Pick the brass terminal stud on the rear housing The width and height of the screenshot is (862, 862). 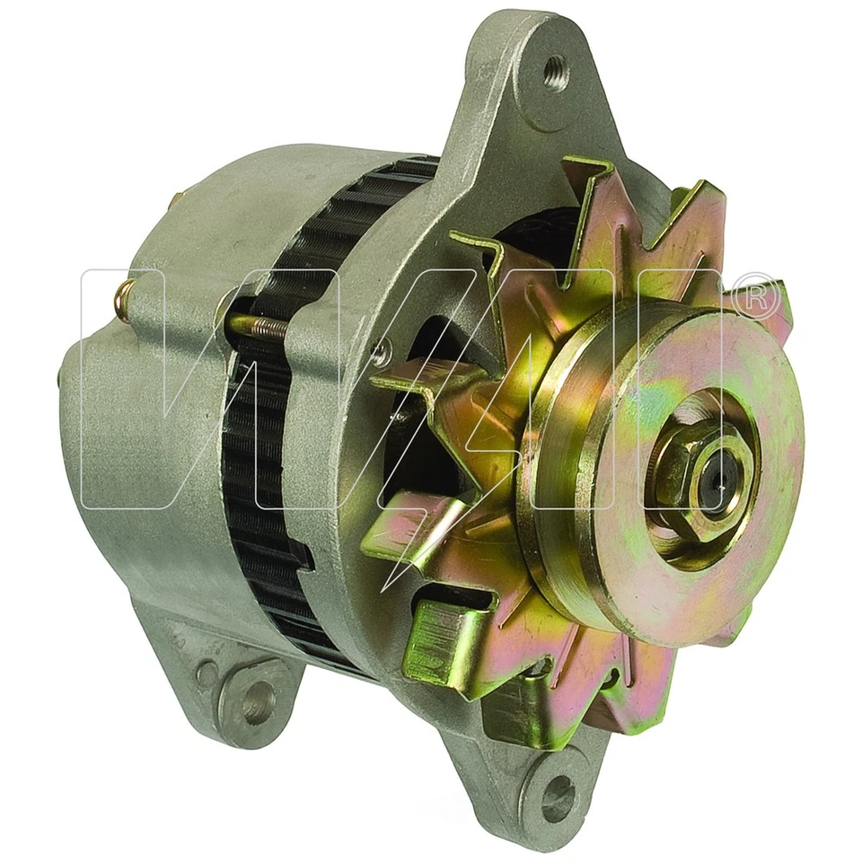click(x=126, y=291)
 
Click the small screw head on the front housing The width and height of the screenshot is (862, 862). click(x=383, y=353)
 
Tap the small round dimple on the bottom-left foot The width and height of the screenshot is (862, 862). click(x=207, y=671)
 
